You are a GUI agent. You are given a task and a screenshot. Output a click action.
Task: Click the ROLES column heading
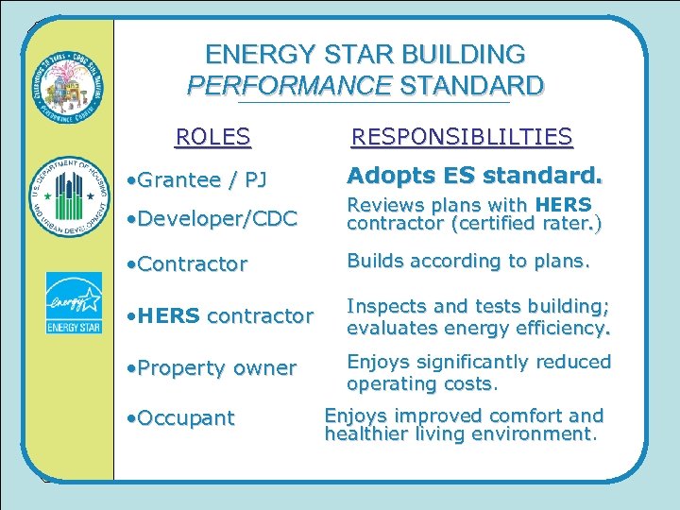213,138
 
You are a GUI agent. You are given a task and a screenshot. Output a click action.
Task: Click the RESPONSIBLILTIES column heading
461,138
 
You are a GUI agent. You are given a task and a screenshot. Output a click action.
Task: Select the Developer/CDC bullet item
212,218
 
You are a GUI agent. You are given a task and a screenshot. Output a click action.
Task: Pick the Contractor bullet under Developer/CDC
186,263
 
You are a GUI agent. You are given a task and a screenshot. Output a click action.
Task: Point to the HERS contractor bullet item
219,316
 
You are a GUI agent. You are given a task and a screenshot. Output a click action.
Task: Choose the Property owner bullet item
212,367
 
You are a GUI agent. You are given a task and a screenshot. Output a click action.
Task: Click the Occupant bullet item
179,417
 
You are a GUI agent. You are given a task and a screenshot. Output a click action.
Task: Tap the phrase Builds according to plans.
468,261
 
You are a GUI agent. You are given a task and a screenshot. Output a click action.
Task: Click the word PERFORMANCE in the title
289,86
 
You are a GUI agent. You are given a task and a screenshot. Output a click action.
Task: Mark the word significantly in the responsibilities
478,362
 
